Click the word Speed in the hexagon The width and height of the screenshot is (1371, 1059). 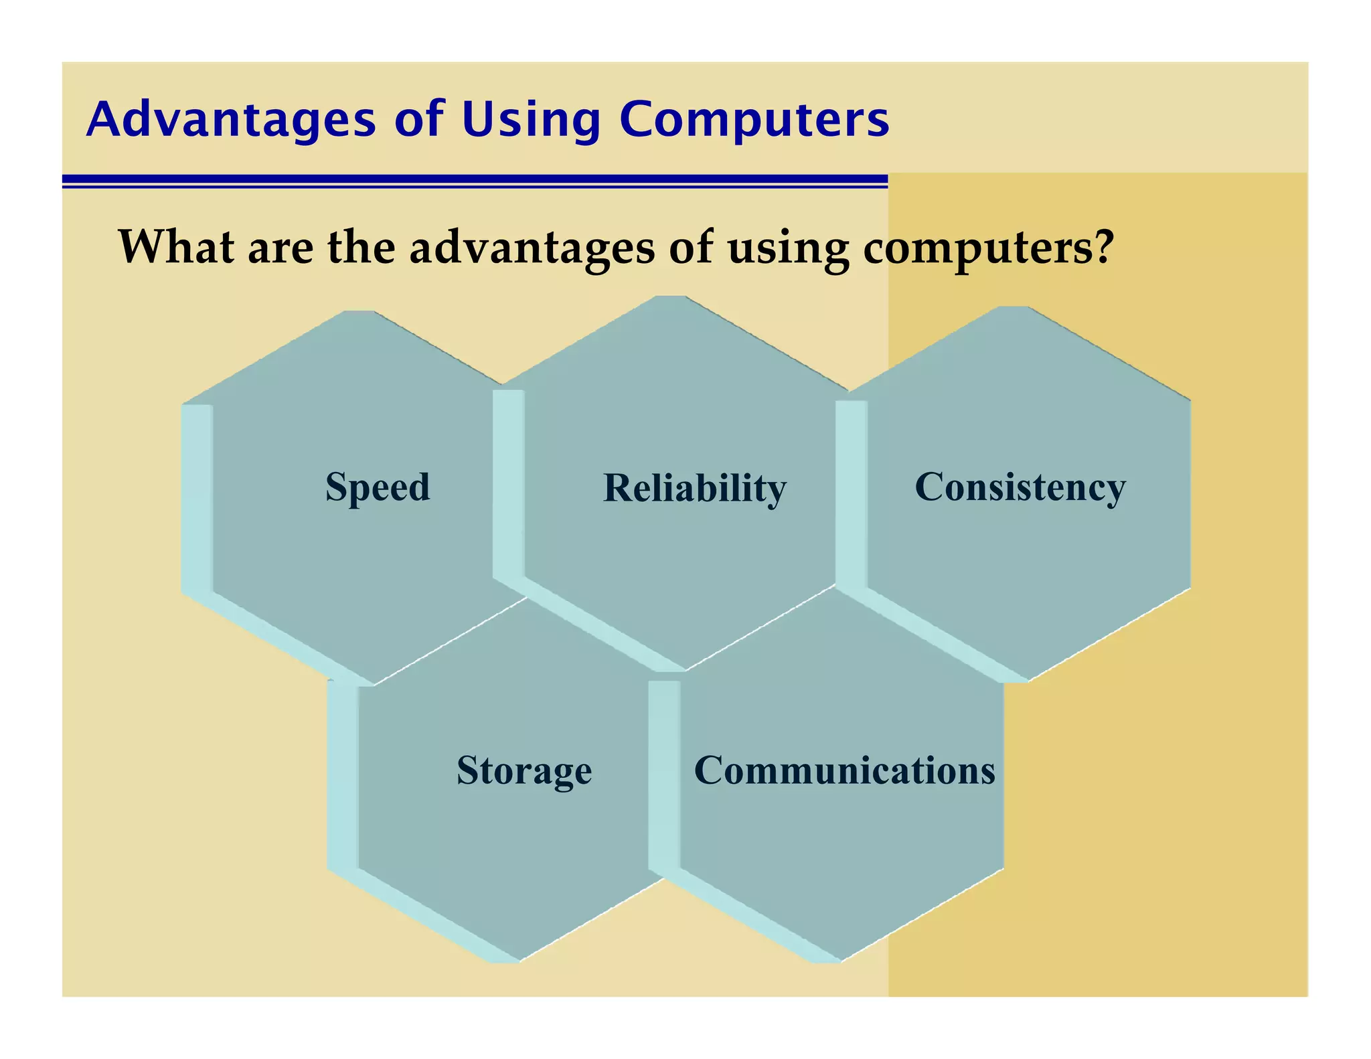point(377,487)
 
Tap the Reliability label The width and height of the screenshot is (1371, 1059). point(694,489)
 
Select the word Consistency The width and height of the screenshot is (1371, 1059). point(1020,487)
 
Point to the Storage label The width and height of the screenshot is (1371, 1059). point(524,770)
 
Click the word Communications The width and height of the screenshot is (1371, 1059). point(844,770)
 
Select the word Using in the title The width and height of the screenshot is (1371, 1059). point(531,120)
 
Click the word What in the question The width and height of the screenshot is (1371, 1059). point(176,247)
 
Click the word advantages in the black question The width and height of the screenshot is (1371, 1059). point(532,247)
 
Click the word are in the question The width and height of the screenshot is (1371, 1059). point(280,247)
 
